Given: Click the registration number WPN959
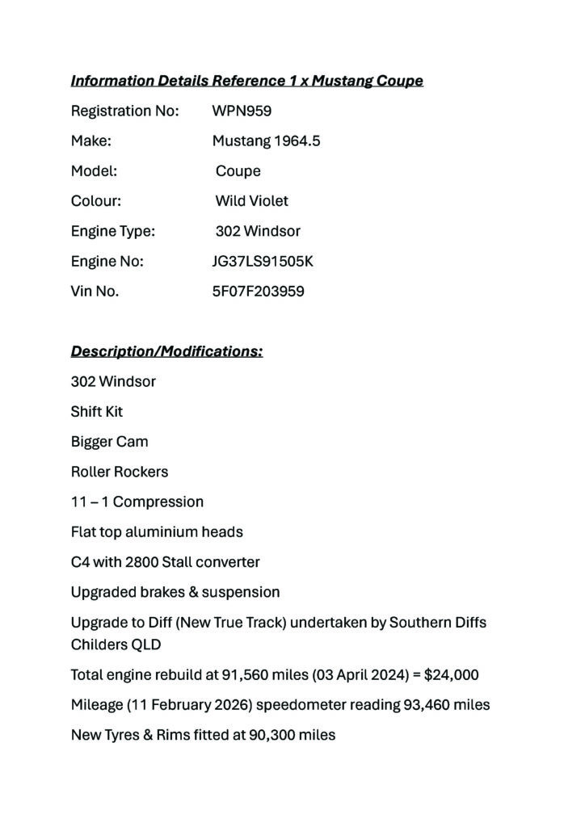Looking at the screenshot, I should pos(242,111).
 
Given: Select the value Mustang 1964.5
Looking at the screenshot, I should pos(266,141).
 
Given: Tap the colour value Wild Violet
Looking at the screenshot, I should pos(251,200).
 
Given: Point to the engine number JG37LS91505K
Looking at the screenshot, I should pos(263,261).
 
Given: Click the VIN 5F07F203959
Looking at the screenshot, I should pos(258,292).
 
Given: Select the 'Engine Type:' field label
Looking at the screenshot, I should pos(112,231).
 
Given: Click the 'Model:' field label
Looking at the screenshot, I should pos(94,170).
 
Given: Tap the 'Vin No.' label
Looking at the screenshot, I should pos(95,292).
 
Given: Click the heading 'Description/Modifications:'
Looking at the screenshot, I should pos(166,351).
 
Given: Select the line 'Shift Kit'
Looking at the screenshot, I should pos(97,411).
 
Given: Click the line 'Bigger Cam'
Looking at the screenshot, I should pos(109,442).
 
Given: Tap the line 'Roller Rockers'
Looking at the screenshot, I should pos(120,472).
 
